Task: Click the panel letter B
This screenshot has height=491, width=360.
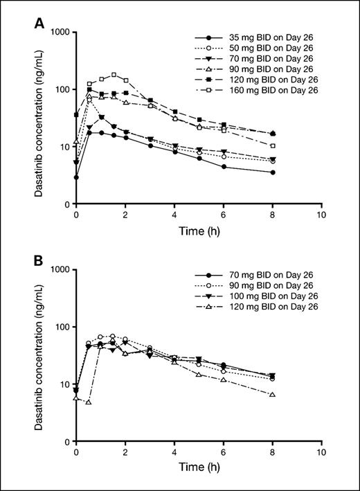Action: [41, 262]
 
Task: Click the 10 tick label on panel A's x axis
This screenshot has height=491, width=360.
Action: [321, 215]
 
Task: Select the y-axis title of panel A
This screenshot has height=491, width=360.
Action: [41, 118]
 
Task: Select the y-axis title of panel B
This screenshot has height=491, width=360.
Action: [41, 355]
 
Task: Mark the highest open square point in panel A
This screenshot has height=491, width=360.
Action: [114, 75]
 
